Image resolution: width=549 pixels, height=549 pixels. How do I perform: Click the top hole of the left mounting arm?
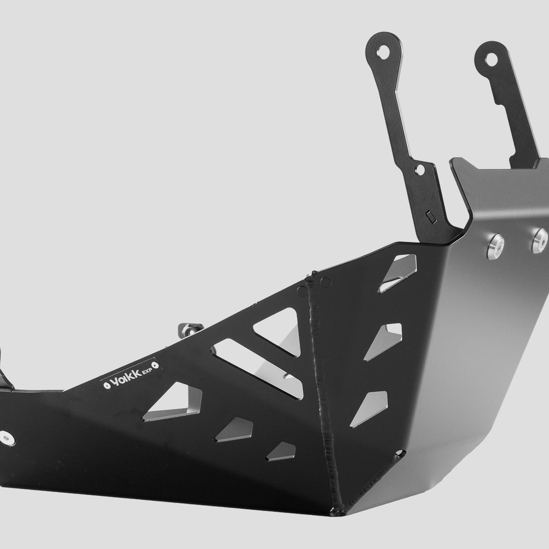pyautogui.click(x=383, y=53)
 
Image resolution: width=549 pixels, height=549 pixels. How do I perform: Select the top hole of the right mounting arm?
pyautogui.click(x=491, y=60)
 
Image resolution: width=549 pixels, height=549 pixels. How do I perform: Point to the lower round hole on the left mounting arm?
pyautogui.click(x=420, y=170)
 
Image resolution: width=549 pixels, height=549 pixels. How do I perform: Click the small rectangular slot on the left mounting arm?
pyautogui.click(x=431, y=217)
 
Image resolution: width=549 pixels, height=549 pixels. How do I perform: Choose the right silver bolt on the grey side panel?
pyautogui.click(x=539, y=241)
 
